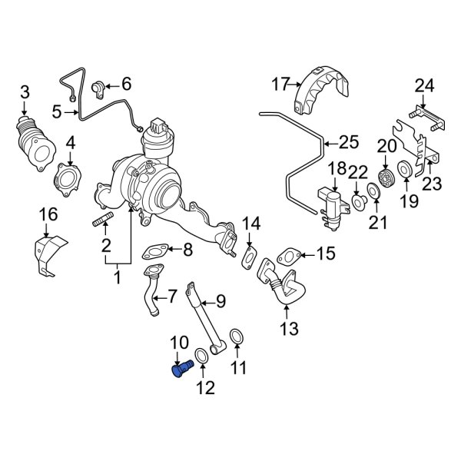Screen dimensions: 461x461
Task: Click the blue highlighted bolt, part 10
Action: point(180,371)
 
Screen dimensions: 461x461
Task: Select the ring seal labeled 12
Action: point(201,356)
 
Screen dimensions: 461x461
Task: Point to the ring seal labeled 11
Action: point(238,337)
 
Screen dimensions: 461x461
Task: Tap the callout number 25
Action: point(348,142)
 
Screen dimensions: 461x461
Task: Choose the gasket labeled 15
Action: point(291,256)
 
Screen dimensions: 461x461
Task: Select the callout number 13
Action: point(286,330)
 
